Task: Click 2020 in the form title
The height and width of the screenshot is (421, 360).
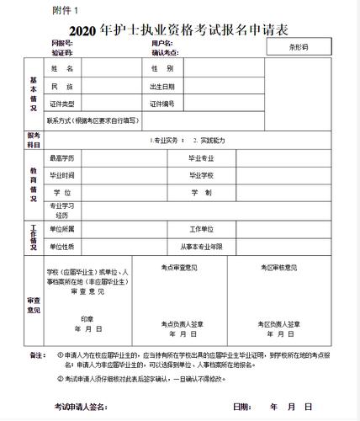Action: pos(84,29)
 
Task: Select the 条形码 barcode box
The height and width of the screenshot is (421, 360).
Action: pos(299,47)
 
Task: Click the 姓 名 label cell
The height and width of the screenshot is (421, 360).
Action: pos(63,67)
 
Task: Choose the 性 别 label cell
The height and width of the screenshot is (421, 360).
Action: pos(162,67)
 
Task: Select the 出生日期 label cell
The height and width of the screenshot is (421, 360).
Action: pos(162,86)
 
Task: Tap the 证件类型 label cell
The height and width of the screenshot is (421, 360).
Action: pos(63,104)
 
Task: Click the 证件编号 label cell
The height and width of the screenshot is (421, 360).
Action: pos(162,104)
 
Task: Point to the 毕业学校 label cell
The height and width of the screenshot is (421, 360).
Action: pos(202,175)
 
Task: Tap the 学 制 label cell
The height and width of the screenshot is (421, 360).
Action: pos(202,193)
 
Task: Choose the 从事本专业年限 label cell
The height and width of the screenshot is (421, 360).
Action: pos(202,246)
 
